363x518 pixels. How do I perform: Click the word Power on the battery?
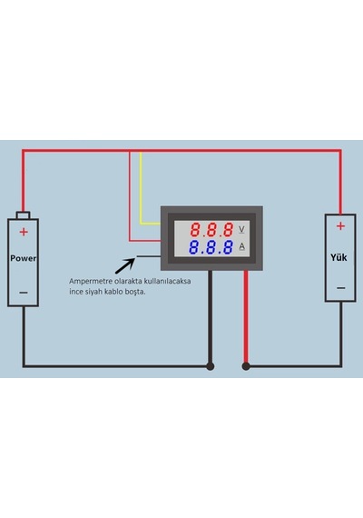[x=23, y=258]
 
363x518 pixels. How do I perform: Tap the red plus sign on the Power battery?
[x=24, y=232]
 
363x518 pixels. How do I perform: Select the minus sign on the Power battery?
[x=24, y=293]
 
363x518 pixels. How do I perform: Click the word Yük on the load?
[x=338, y=257]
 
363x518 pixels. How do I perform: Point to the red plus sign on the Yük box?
[x=340, y=226]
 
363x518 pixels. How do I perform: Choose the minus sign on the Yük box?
[x=341, y=288]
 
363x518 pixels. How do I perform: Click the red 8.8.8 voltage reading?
[x=211, y=230]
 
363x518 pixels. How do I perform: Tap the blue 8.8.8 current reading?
[x=211, y=247]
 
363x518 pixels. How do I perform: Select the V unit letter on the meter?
[x=241, y=229]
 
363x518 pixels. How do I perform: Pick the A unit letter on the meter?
[x=242, y=246]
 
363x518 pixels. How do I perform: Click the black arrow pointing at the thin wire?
[x=125, y=266]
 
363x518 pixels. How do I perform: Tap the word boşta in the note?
[x=135, y=292]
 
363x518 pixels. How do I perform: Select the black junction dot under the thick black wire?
[x=211, y=366]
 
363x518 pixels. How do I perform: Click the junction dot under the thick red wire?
[x=246, y=366]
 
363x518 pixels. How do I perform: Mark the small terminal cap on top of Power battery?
[x=23, y=215]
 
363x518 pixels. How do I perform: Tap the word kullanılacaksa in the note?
[x=167, y=282]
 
